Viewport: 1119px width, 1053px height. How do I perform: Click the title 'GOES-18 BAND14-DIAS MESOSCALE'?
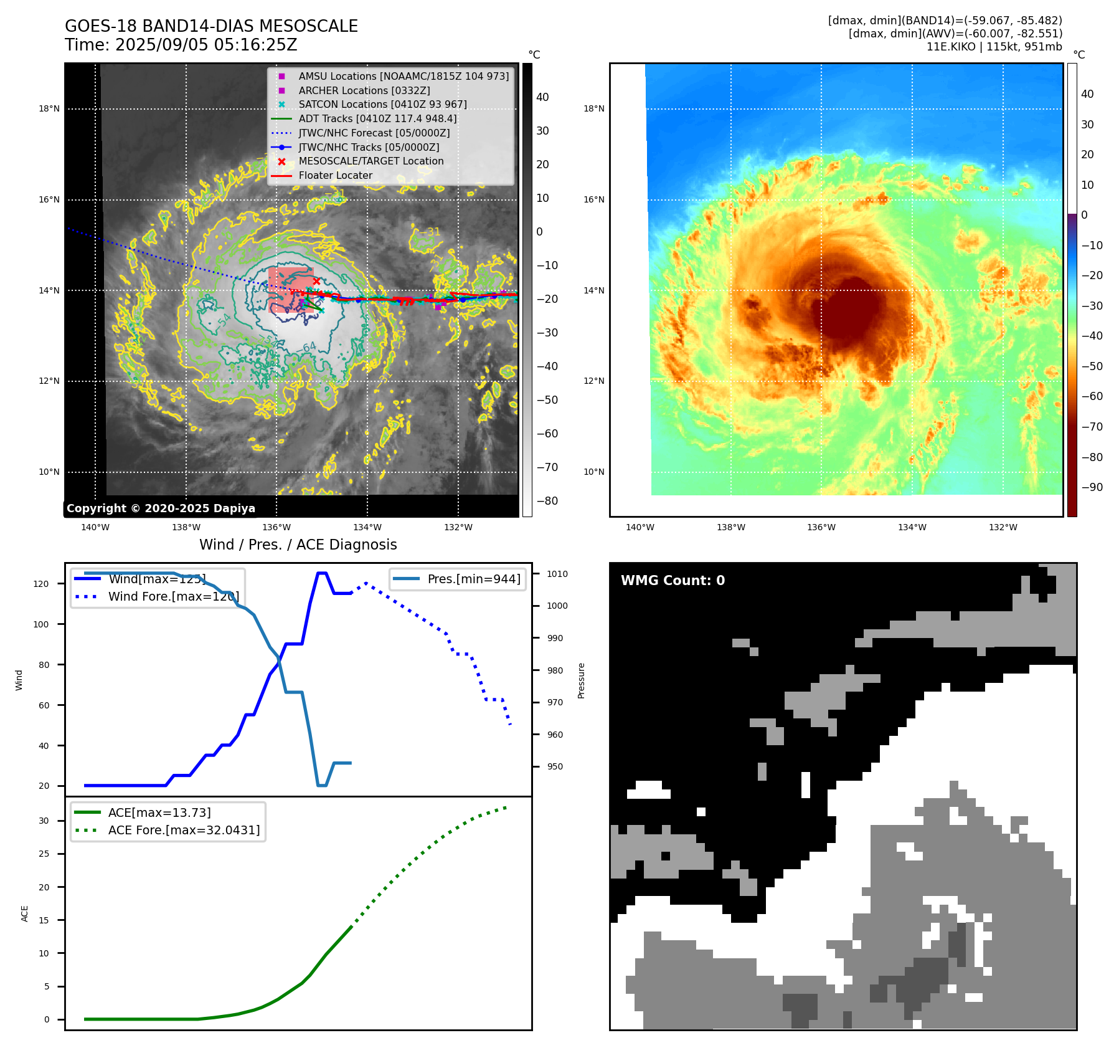click(211, 26)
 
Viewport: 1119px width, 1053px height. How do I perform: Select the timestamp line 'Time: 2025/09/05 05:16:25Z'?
click(181, 45)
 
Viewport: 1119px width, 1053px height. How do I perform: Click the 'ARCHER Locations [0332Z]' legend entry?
click(364, 90)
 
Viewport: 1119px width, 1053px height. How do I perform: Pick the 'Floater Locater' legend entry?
click(335, 176)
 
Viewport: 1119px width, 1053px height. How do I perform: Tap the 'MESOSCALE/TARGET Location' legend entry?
click(371, 161)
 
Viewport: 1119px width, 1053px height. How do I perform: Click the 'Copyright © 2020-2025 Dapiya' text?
click(161, 508)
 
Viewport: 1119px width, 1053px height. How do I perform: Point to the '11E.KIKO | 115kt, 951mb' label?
click(994, 47)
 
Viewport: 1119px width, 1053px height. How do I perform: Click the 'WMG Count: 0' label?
click(673, 581)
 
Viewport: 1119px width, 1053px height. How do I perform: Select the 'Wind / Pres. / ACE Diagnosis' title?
click(298, 545)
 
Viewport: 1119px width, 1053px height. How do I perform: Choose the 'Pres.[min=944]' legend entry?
click(473, 579)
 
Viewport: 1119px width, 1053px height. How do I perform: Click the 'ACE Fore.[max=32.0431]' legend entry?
click(184, 830)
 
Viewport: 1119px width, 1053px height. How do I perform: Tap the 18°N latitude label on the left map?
click(49, 109)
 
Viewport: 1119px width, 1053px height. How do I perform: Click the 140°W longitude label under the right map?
click(640, 528)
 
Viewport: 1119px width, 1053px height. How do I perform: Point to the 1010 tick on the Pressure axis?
click(557, 574)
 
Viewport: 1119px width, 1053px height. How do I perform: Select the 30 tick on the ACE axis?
click(44, 821)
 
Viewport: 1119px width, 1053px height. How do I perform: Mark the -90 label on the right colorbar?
click(1092, 487)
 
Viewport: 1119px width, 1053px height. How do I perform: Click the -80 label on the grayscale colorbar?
click(547, 501)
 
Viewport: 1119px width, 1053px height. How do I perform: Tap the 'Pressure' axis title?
click(581, 680)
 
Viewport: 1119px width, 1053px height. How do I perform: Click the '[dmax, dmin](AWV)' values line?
click(955, 34)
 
